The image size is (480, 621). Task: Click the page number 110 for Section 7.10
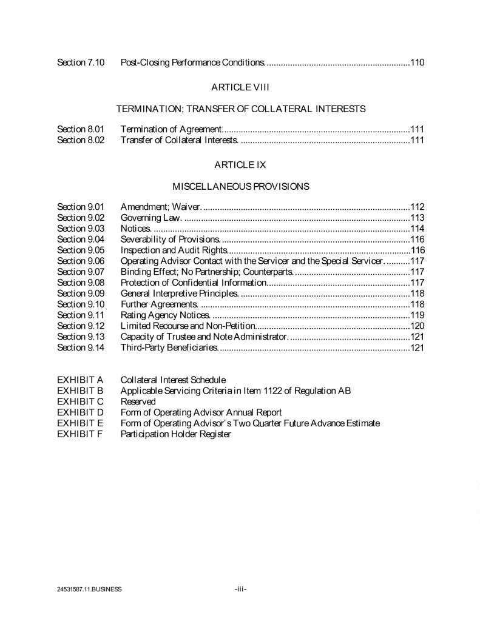coord(417,62)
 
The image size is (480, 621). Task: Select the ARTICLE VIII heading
coord(240,87)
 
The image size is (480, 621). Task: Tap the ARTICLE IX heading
coord(240,164)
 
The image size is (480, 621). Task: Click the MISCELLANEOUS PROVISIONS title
coord(240,186)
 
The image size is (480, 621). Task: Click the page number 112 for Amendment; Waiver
coord(417,207)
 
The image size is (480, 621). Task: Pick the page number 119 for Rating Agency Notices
coord(417,315)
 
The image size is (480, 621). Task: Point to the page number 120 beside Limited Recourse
coord(417,326)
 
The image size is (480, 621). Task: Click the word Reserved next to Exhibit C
coord(138,401)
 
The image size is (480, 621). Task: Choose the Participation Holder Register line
coord(175,434)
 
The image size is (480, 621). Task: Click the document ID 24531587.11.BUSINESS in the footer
coord(86,589)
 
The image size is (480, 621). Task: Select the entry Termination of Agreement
coord(171,129)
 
